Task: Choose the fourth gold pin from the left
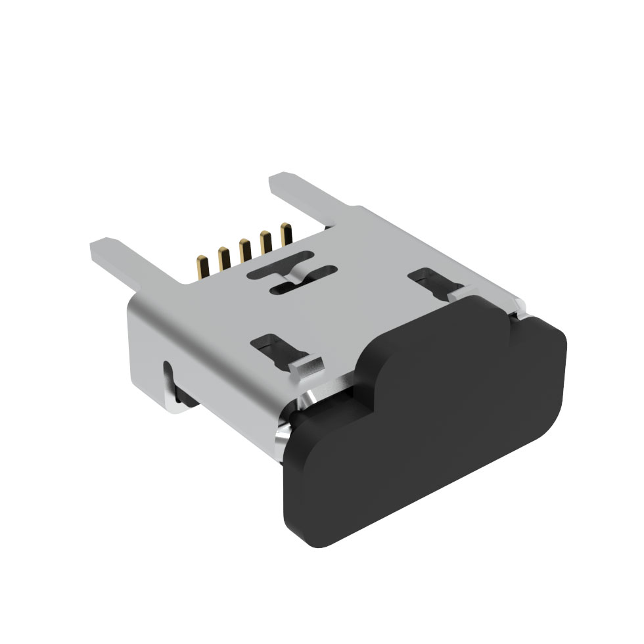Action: [265, 242]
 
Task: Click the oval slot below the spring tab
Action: [287, 288]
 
